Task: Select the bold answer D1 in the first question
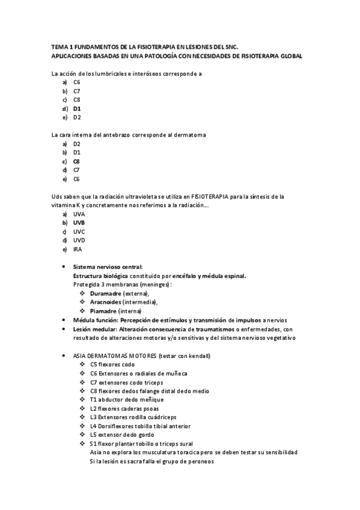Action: tap(77, 108)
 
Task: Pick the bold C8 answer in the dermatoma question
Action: tap(76, 161)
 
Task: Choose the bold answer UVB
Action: tap(79, 223)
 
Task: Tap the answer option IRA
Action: tap(78, 249)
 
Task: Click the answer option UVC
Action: tap(79, 232)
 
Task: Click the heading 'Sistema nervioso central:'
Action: tap(108, 266)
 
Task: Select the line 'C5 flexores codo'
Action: tap(112, 364)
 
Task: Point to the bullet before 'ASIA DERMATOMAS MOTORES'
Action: tap(65, 355)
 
